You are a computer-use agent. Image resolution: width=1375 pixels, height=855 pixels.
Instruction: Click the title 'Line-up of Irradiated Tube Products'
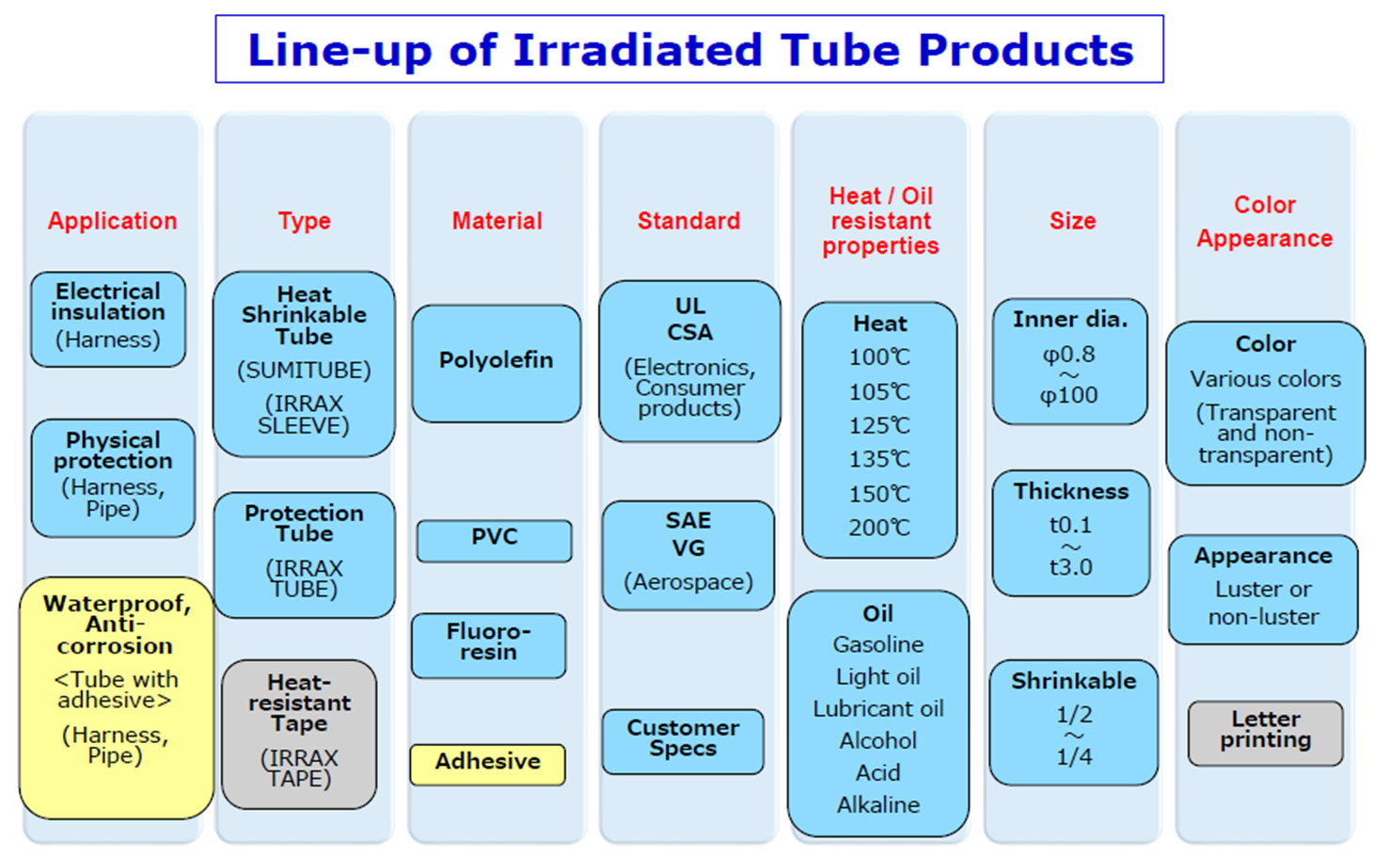point(690,51)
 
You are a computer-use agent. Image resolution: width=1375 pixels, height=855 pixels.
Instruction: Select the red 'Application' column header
point(112,221)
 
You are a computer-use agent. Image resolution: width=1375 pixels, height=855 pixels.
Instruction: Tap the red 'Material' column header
point(498,221)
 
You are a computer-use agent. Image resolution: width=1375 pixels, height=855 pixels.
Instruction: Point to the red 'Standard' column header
point(688,221)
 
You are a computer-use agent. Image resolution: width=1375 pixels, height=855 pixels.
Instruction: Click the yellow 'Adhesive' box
point(488,764)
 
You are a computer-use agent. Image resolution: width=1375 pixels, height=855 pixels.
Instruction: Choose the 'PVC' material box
point(495,541)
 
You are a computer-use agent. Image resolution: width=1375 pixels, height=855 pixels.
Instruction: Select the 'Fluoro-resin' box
point(489,645)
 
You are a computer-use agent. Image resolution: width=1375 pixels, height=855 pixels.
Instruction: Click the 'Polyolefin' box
point(497,363)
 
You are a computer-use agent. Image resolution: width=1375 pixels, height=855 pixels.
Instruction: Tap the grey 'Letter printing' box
point(1266,734)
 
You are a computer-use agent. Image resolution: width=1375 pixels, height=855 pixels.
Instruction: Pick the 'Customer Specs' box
point(683,741)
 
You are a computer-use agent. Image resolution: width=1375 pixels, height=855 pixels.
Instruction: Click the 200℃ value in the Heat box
point(879,528)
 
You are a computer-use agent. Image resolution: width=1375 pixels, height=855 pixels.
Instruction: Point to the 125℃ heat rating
point(879,425)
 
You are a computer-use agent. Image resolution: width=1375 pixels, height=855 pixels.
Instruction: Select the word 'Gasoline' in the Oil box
point(878,644)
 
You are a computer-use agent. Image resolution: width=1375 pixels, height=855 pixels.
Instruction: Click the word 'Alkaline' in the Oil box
point(878,804)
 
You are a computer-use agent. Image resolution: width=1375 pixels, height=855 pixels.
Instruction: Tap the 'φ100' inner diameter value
point(1068,395)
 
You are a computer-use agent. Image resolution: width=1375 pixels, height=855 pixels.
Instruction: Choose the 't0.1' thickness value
point(1070,526)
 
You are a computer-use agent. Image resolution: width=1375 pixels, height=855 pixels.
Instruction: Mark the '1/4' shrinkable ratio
point(1074,757)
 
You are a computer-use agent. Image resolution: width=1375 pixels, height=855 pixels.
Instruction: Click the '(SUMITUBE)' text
point(305,370)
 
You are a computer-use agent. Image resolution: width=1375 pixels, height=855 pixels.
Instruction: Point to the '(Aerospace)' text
point(688,581)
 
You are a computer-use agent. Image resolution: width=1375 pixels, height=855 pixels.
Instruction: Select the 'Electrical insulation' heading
point(108,301)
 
